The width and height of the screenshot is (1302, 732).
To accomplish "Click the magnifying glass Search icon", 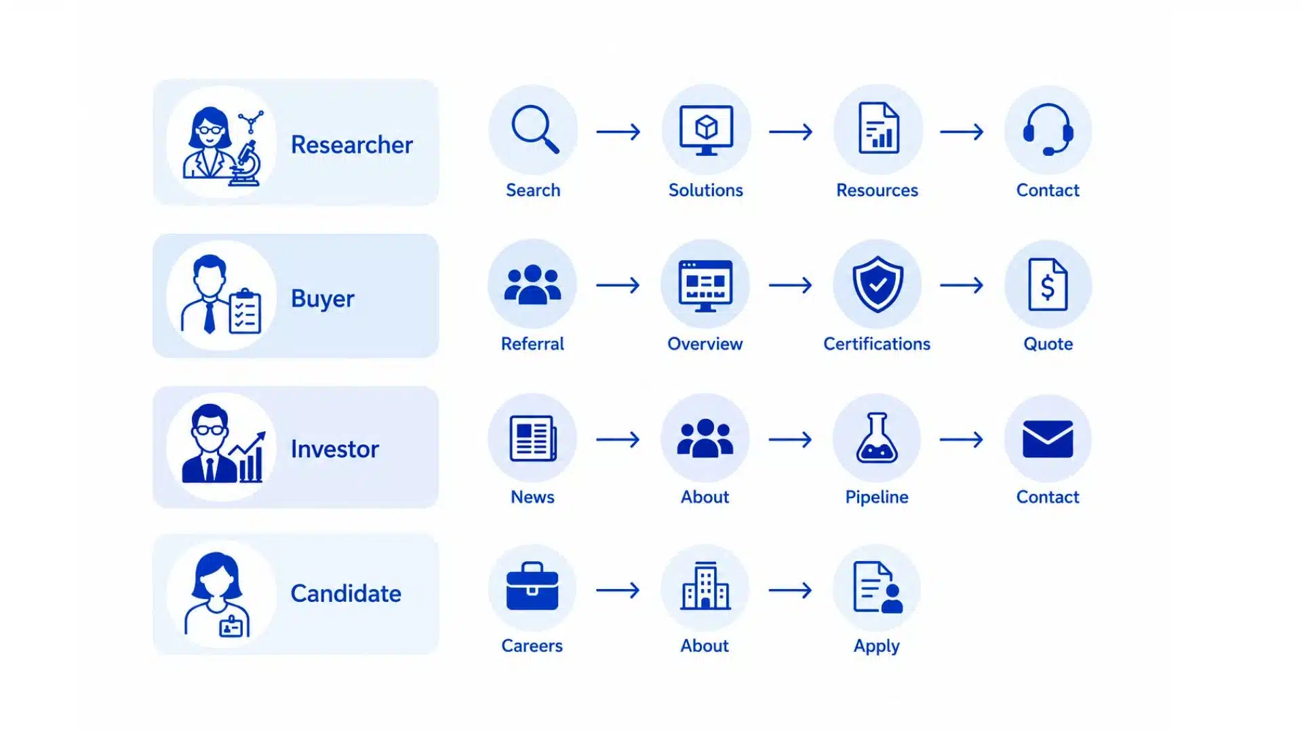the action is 535,129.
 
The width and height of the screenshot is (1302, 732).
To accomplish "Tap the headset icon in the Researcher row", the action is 1048,129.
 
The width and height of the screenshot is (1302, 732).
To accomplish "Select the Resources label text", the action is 877,190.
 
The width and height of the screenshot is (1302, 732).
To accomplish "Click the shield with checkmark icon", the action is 877,284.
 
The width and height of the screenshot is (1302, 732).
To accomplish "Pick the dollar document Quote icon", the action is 1048,284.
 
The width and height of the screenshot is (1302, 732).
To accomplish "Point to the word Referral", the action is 532,344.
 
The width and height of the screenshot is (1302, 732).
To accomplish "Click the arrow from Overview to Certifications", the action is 790,285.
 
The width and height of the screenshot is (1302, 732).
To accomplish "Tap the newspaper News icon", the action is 533,439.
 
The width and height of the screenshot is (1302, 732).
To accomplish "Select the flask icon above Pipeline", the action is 877,438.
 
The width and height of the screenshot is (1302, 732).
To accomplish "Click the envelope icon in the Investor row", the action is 1048,439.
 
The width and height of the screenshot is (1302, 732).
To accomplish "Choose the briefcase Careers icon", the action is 532,586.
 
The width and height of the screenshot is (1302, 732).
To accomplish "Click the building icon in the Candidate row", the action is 705,586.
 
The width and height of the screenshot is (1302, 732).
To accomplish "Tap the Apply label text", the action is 877,647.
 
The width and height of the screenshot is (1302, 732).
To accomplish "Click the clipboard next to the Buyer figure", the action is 245,312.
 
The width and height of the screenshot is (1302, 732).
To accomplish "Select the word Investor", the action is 335,449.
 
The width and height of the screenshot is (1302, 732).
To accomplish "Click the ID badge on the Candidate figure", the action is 231,626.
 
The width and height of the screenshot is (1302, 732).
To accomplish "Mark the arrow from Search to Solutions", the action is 618,131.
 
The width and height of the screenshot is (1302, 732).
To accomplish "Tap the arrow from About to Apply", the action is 790,590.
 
